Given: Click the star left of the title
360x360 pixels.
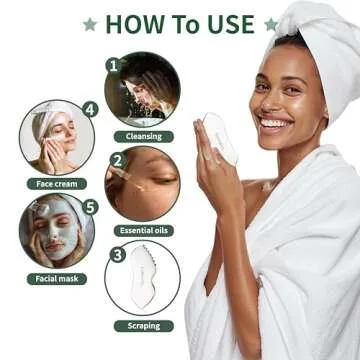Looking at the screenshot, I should pyautogui.click(x=90, y=23).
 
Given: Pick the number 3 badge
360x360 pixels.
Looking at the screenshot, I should pyautogui.click(x=117, y=254).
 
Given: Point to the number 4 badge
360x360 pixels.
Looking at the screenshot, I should pyautogui.click(x=91, y=110).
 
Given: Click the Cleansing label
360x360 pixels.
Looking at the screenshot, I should pyautogui.click(x=143, y=136).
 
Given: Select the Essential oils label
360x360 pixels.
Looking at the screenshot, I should pyautogui.click(x=144, y=230).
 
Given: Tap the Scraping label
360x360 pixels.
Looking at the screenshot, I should pyautogui.click(x=143, y=325).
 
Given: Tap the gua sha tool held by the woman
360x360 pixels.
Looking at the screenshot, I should pyautogui.click(x=220, y=138).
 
